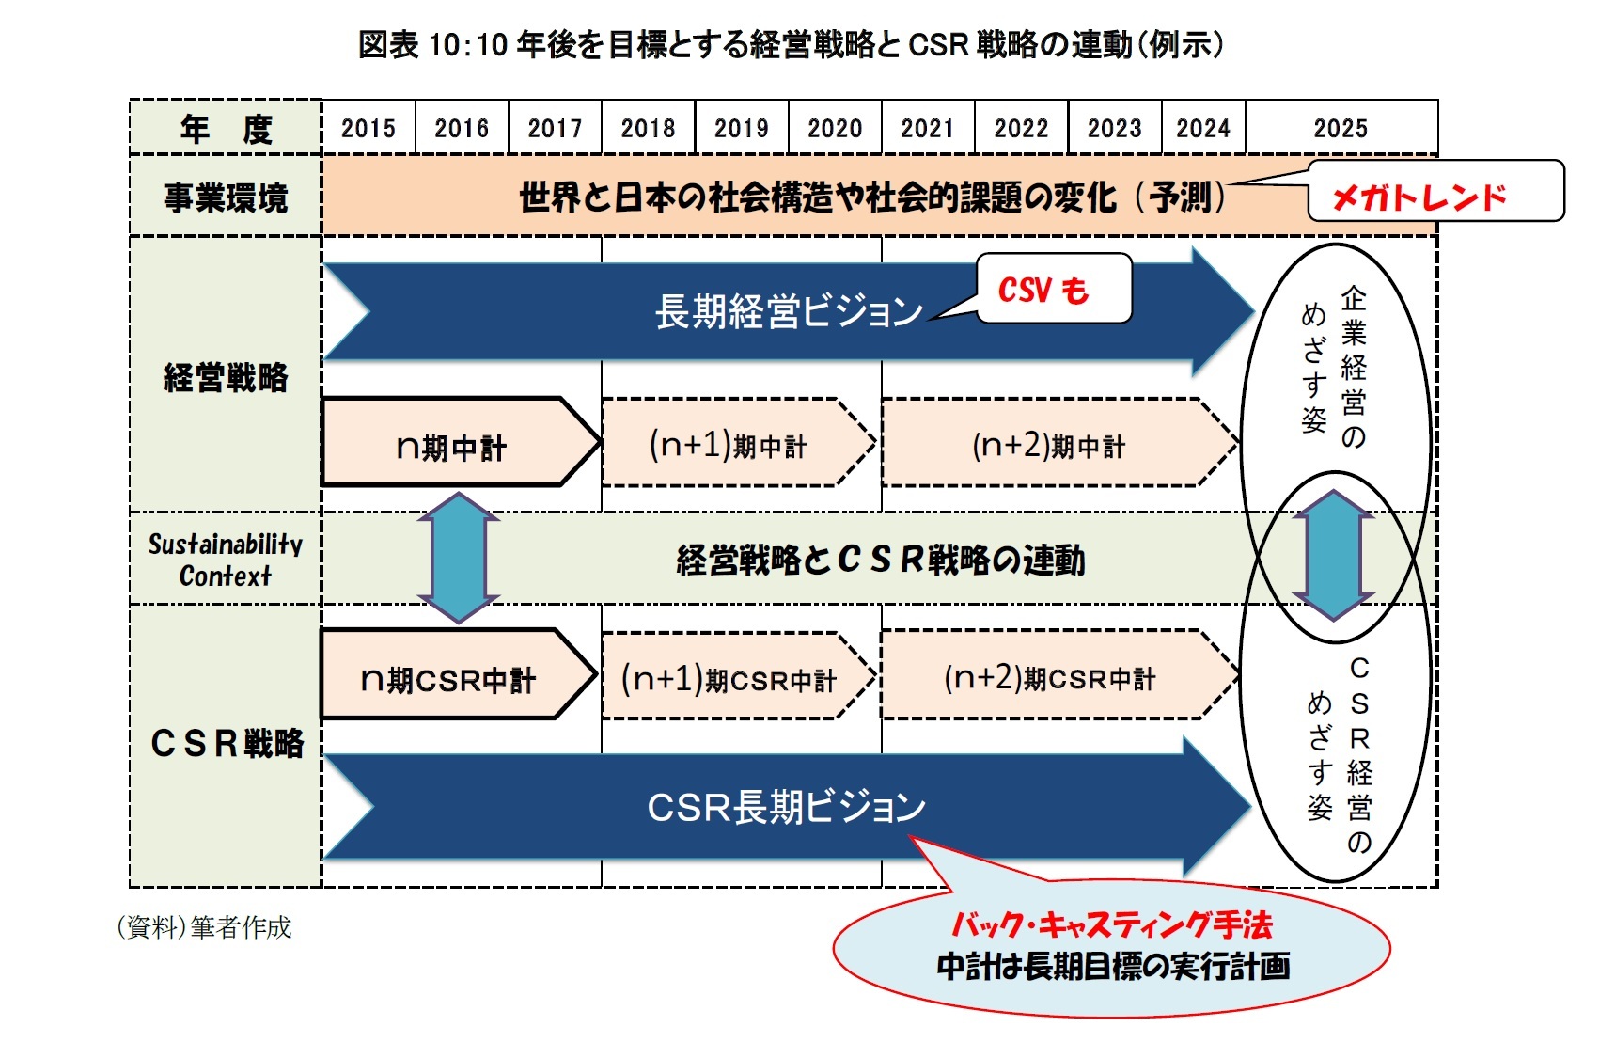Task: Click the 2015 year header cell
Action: pyautogui.click(x=368, y=128)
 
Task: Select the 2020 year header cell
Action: pyautogui.click(x=834, y=128)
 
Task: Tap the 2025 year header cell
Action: pyautogui.click(x=1340, y=128)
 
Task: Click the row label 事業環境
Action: pyautogui.click(x=226, y=197)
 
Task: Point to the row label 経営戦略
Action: pyautogui.click(x=226, y=377)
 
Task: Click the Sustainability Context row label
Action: pyautogui.click(x=226, y=560)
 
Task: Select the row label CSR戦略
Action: pyautogui.click(x=227, y=743)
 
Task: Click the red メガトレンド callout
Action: pyautogui.click(x=1419, y=197)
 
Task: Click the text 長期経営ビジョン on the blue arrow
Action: pyautogui.click(x=788, y=311)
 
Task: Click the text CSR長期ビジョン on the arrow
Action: pyautogui.click(x=786, y=807)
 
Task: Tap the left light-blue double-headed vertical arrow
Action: pyautogui.click(x=459, y=558)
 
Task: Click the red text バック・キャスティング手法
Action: pyautogui.click(x=1112, y=925)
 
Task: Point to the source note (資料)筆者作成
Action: pyautogui.click(x=204, y=927)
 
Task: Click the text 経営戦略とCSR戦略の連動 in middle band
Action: pyautogui.click(x=880, y=560)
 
